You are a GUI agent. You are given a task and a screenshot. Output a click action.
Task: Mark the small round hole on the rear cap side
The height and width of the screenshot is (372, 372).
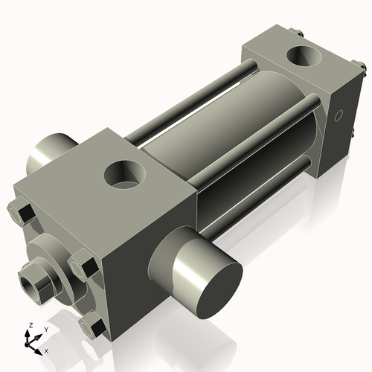pos(339,116)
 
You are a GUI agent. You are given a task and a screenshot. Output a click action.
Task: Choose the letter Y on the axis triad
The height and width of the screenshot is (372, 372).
pos(45,328)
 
